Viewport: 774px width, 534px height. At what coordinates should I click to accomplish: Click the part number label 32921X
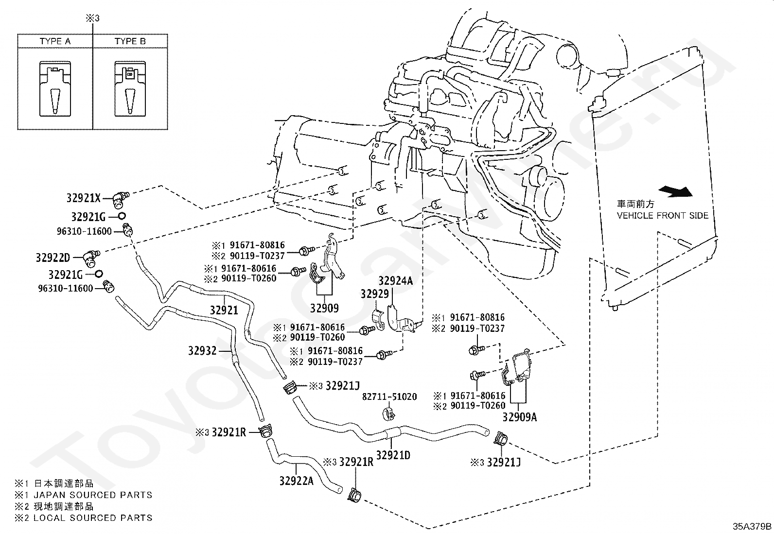coord(83,198)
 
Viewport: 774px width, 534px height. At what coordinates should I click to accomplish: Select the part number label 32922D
coord(53,257)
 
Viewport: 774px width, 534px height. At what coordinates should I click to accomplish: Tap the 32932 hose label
coord(202,350)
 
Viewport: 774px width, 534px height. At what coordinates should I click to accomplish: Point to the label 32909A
coord(519,417)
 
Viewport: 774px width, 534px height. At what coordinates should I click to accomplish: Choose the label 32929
coord(374,294)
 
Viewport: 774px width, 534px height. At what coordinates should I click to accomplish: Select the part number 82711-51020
coord(389,397)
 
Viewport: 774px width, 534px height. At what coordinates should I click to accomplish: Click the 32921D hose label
coord(393,455)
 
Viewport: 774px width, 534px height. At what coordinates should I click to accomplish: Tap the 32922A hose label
coord(297,481)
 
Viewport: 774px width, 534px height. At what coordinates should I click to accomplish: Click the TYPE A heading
coord(55,41)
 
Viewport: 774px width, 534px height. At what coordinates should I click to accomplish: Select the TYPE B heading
coord(130,41)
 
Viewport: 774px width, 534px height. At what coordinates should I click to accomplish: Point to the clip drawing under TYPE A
coord(55,89)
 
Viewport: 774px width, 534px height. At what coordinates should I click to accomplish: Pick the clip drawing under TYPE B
coord(130,89)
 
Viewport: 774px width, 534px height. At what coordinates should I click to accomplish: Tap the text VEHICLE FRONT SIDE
coord(663,215)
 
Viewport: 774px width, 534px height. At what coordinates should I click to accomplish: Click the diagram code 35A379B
coord(752,526)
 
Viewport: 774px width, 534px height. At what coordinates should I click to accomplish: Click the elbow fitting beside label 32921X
coord(120,197)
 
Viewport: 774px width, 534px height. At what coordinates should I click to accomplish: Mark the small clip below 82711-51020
coord(388,413)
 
